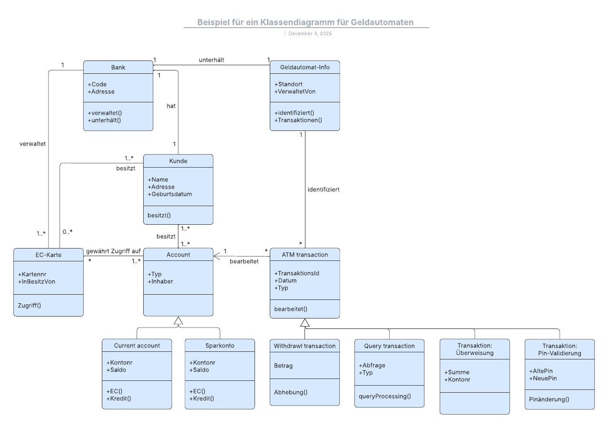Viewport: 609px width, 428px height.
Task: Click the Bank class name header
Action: pos(118,67)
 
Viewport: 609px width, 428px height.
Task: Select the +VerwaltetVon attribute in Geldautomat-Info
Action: pos(295,91)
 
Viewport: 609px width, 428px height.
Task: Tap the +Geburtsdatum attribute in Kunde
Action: pos(170,194)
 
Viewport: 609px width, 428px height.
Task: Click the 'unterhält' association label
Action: pos(212,60)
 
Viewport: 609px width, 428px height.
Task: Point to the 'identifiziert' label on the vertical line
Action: pos(324,189)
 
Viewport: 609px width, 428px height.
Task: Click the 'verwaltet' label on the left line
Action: pos(32,144)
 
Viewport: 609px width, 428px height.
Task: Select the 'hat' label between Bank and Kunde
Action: pos(171,106)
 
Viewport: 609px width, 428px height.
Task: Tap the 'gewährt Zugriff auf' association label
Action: pos(113,251)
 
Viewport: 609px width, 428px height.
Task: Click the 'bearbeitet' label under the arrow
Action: pos(244,261)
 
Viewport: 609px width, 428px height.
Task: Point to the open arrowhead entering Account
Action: pos(217,256)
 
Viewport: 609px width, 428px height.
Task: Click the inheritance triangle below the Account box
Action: pos(178,321)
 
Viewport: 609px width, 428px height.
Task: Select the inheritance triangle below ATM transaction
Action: pos(305,323)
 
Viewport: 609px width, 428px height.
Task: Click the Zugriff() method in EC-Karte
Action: pos(29,305)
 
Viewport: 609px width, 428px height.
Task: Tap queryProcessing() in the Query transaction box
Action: pos(384,396)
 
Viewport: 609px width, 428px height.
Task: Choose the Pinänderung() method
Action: pos(549,399)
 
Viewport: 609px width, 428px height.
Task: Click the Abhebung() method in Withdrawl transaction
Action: pos(291,392)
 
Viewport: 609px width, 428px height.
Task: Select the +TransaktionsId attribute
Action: pos(297,273)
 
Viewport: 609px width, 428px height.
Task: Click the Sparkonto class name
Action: pos(219,346)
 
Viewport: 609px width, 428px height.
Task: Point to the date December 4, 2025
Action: pos(310,34)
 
